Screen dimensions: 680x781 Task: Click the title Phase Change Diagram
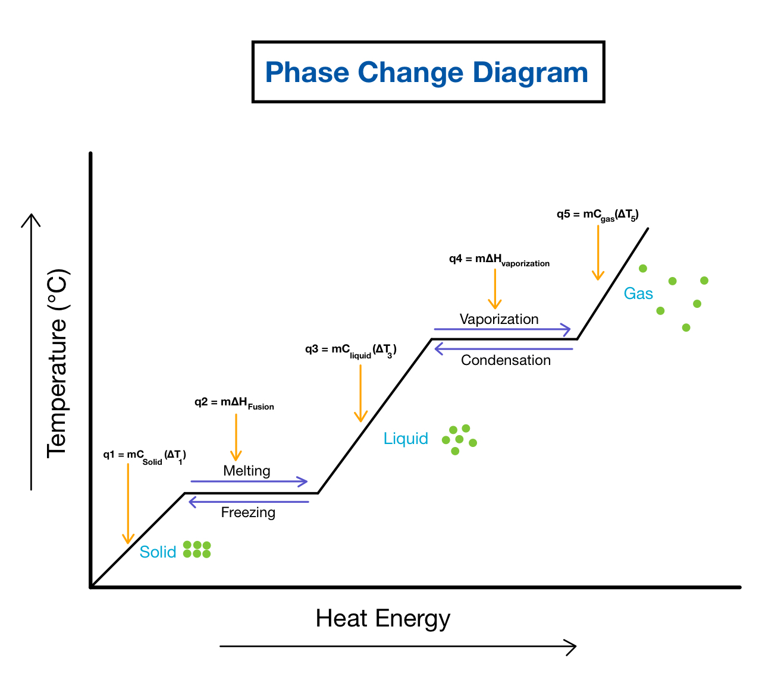426,73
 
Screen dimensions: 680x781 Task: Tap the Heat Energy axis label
383,619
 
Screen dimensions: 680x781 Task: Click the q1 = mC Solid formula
145,456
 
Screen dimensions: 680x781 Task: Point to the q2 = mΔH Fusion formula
234,403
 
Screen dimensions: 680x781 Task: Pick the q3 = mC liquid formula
350,350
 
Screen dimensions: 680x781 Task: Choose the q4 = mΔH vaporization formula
499,260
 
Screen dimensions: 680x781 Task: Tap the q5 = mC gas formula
597,215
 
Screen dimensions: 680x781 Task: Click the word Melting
247,471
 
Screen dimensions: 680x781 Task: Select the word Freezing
248,512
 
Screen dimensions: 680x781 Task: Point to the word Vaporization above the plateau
499,319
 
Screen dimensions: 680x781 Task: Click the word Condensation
506,360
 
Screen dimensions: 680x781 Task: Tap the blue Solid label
158,552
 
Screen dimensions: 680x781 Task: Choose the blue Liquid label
406,439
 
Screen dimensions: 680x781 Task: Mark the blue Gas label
638,294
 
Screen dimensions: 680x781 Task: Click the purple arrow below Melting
249,481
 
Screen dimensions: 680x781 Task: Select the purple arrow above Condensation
503,349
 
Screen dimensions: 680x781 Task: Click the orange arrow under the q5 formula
598,253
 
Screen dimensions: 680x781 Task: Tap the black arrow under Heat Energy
398,647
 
